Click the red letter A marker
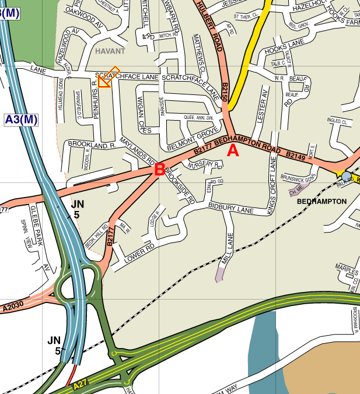[x=233, y=150]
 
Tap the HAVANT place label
[x=111, y=51]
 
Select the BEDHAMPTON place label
[x=322, y=201]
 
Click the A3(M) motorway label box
[x=21, y=120]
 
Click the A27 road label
[x=80, y=386]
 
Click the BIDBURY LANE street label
[x=232, y=208]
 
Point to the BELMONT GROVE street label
[x=192, y=139]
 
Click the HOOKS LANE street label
[x=285, y=51]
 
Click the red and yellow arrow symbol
[x=107, y=78]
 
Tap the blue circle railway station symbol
[x=347, y=176]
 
